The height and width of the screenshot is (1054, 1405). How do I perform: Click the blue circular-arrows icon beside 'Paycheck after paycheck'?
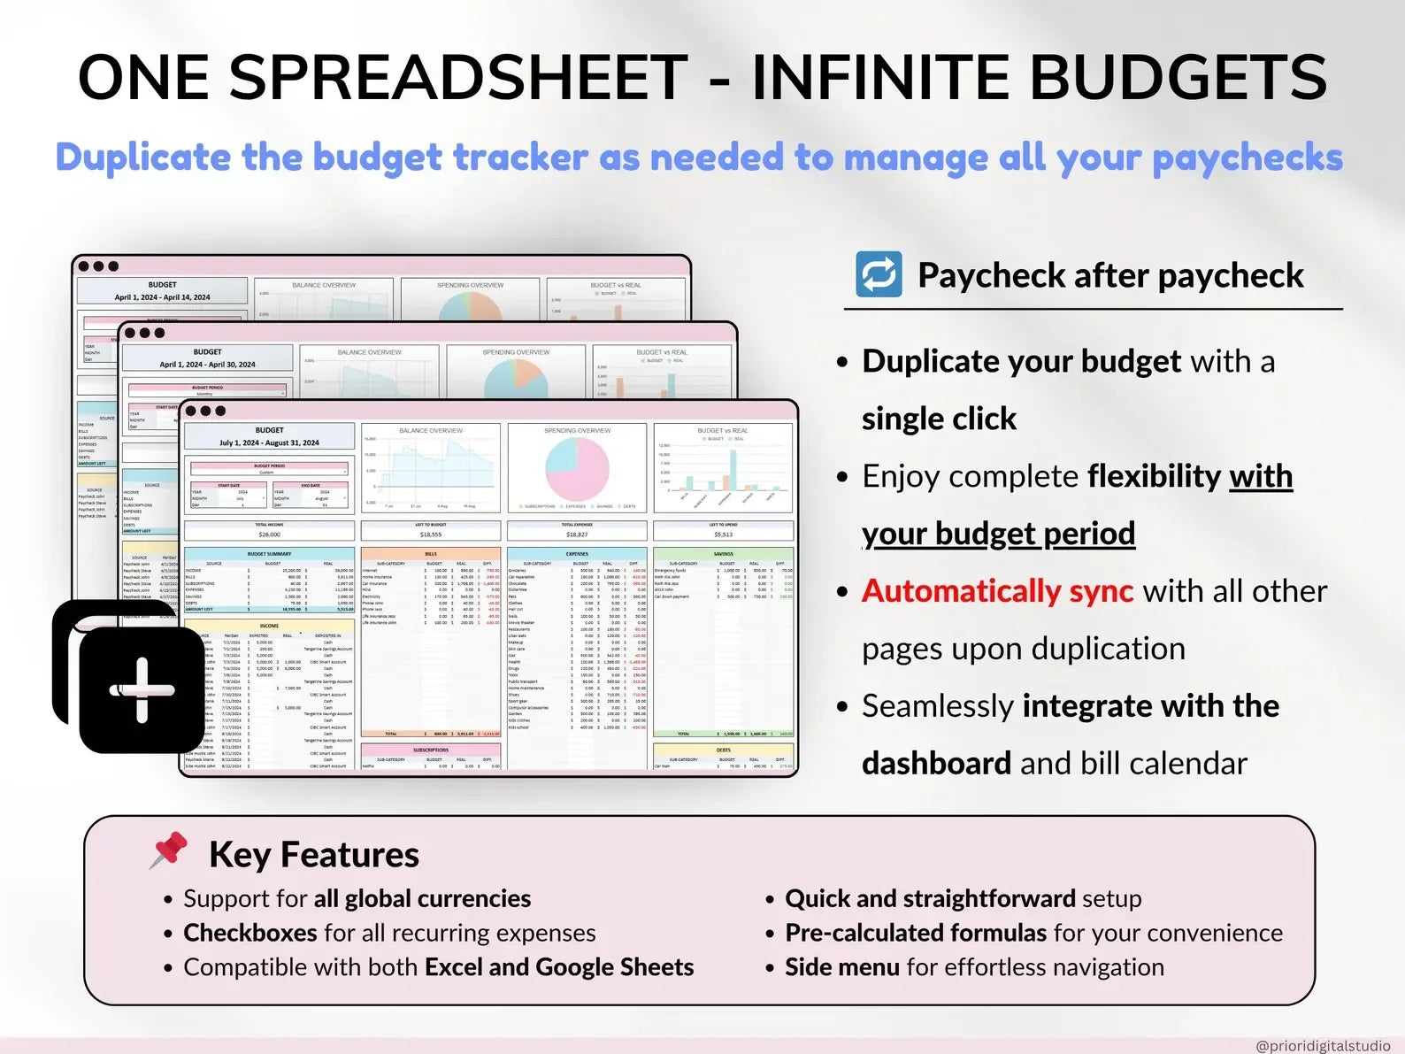coord(879,274)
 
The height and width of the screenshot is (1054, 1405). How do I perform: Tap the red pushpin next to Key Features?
coord(169,850)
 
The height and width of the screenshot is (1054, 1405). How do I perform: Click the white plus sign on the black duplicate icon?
coord(142,689)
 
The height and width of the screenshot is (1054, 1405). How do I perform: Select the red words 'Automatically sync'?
coord(997,590)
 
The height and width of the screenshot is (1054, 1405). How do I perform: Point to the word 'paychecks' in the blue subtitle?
coord(1247,158)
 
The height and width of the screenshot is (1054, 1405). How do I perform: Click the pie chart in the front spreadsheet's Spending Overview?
coord(577,469)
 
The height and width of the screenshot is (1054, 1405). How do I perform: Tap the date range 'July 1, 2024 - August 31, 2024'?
coord(269,442)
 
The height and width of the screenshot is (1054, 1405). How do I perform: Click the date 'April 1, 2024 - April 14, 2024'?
coord(162,297)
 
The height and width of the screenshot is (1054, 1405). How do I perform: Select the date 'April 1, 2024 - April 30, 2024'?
coord(207,365)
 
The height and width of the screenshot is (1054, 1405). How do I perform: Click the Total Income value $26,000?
coord(269,535)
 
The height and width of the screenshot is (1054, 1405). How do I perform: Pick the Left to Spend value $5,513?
coord(723,535)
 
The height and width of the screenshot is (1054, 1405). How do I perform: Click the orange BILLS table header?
coord(430,554)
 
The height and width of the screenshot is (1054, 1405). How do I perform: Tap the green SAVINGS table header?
coord(723,554)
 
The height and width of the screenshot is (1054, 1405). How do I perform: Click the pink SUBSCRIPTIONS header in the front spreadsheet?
coord(430,750)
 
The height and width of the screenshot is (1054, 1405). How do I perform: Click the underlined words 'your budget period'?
coord(998,534)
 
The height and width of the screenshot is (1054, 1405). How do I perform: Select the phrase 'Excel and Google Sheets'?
coord(559,967)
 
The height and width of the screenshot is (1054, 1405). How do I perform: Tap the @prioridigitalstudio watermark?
coord(1322,1045)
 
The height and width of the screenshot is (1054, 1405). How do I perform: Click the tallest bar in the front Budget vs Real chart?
coord(733,470)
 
